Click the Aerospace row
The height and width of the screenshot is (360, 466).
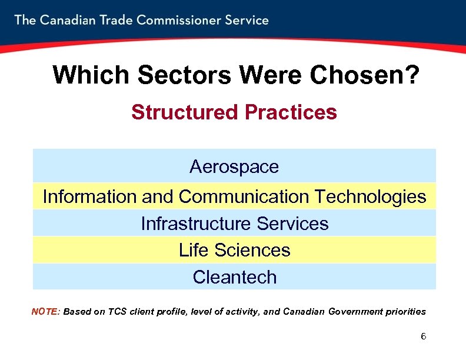coord(234,167)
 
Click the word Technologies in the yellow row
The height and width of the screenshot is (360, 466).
coord(371,196)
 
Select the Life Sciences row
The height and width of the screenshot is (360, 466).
coord(234,250)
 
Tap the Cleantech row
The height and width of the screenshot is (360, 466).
coord(234,277)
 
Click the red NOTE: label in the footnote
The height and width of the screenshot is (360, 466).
coord(45,311)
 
